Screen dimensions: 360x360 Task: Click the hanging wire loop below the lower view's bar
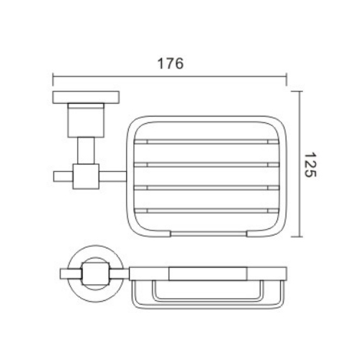click(205, 296)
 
